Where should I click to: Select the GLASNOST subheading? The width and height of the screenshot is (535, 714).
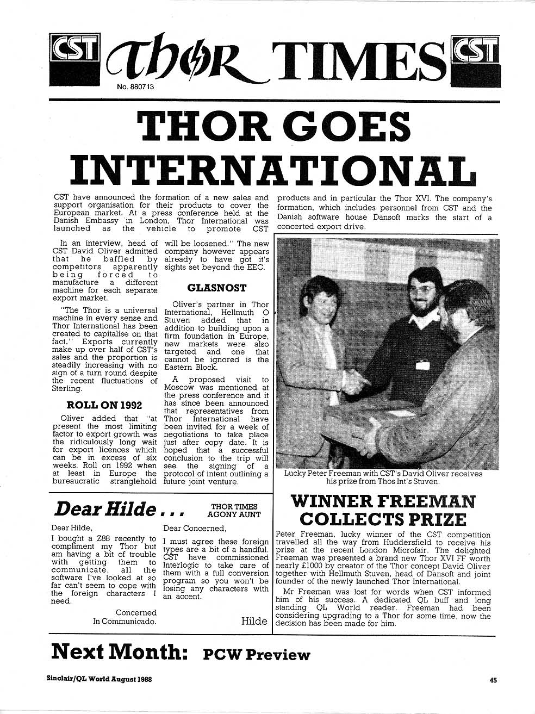[216, 288]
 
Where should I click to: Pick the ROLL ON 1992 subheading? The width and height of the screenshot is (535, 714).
[104, 405]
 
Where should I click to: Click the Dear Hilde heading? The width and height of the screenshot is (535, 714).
[119, 509]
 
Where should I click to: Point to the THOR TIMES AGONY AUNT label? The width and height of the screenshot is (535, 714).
[235, 510]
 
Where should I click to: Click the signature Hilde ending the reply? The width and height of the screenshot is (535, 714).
[254, 621]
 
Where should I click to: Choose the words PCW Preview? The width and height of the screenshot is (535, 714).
[256, 654]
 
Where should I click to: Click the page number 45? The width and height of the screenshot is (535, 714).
[493, 679]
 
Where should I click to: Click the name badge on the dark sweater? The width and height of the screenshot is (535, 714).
[424, 365]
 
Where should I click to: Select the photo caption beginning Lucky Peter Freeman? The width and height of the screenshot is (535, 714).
[383, 477]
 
